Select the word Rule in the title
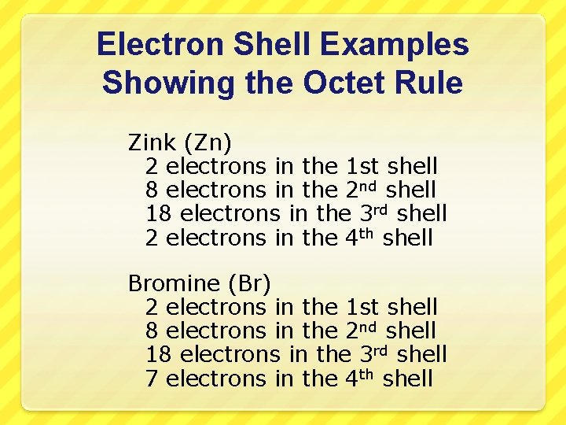point(432,82)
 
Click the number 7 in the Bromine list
point(153,378)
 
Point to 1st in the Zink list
point(362,166)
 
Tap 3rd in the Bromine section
point(375,353)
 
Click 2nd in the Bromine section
point(362,330)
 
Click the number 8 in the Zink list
point(153,190)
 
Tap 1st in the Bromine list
point(362,306)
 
